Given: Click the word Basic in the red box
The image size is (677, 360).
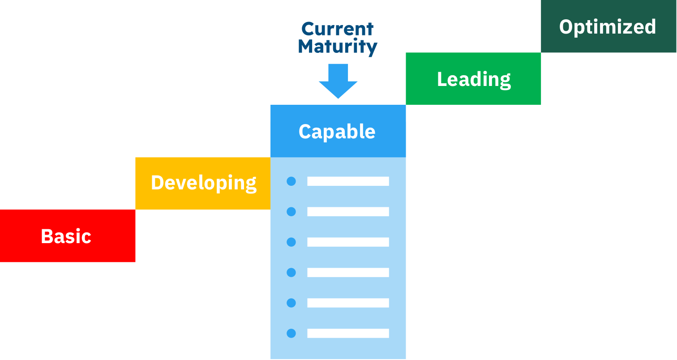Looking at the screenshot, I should [66, 236].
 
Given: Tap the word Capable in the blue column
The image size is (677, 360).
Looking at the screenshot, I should [337, 132].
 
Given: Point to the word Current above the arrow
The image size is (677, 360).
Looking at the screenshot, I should [338, 29].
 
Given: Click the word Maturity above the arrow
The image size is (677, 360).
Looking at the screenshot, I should [338, 47].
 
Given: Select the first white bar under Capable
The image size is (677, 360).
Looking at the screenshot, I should [348, 181].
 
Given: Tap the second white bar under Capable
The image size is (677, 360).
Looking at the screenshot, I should [348, 212].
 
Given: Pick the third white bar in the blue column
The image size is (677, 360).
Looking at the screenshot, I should [348, 242].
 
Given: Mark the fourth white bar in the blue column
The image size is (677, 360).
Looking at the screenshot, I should [348, 273].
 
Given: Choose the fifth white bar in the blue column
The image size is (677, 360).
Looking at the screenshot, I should [348, 303].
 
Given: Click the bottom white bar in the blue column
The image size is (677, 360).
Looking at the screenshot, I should [348, 334].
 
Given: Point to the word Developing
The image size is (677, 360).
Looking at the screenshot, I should [203, 183].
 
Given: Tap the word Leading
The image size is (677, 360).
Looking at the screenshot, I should [474, 79].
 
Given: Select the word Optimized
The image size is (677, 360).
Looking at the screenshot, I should [608, 27].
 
